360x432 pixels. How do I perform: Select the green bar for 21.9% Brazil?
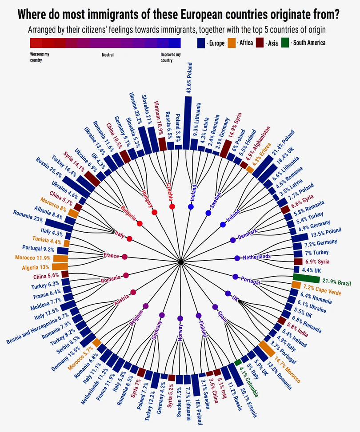(x=306, y=279)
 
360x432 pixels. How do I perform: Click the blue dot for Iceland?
(x=191, y=207)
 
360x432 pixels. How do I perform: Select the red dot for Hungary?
(x=154, y=213)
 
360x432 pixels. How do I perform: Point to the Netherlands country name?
(x=257, y=257)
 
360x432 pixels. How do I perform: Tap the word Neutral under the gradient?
(x=108, y=55)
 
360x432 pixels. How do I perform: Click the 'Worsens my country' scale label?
(x=39, y=57)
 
